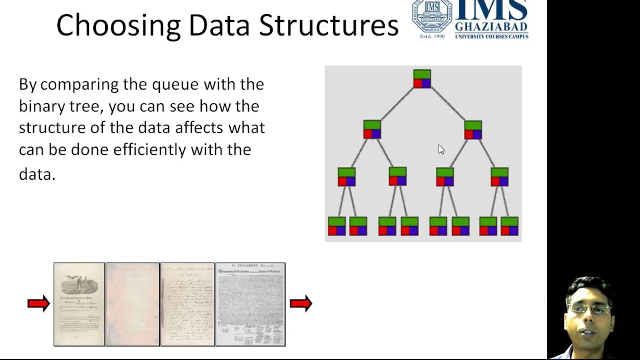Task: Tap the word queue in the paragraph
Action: pyautogui.click(x=175, y=84)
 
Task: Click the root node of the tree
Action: pyautogui.click(x=422, y=79)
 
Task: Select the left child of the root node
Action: pyautogui.click(x=372, y=129)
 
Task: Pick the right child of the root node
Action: pyautogui.click(x=473, y=130)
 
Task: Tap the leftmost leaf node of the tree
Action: pyautogui.click(x=337, y=226)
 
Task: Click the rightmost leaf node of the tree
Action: pyautogui.click(x=509, y=226)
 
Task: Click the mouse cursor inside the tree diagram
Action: pyautogui.click(x=441, y=149)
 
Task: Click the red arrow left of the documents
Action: pyautogui.click(x=39, y=303)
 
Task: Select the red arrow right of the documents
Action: pyautogui.click(x=301, y=303)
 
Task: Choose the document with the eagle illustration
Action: pyautogui.click(x=79, y=304)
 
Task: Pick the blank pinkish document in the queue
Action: pyautogui.click(x=132, y=304)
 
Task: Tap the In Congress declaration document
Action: pyautogui.click(x=250, y=304)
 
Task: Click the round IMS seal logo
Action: pyautogui.click(x=432, y=16)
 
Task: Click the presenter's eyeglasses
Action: pyautogui.click(x=590, y=309)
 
